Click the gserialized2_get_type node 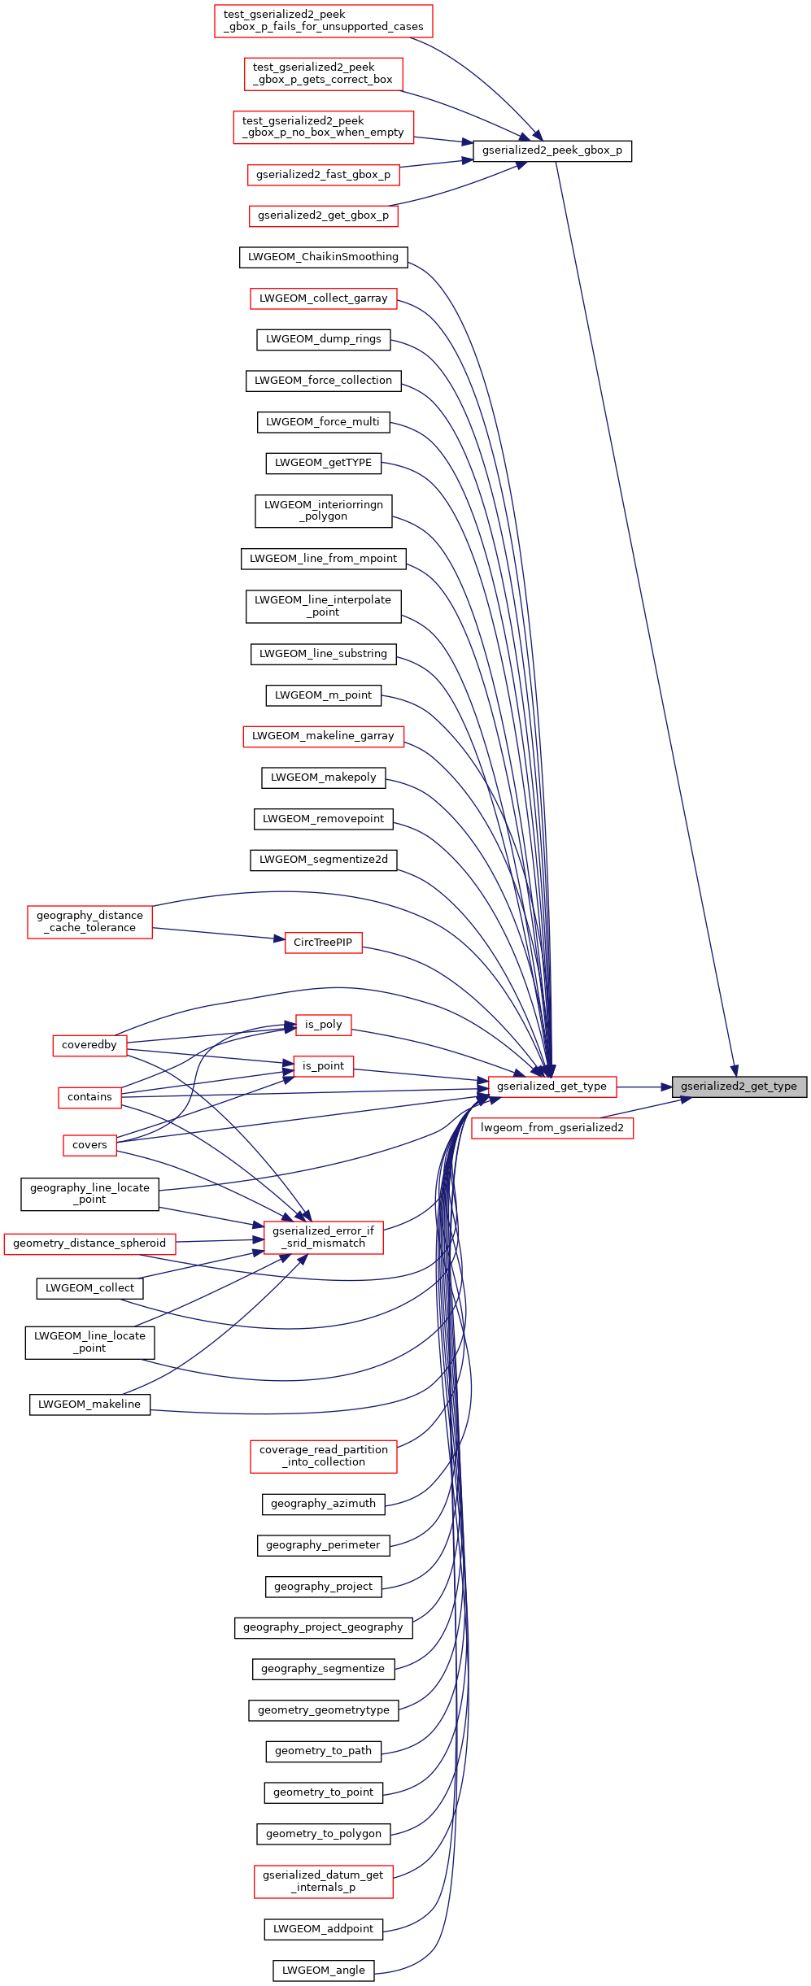click(739, 1087)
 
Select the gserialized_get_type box click(552, 1087)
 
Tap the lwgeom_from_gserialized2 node click(552, 1128)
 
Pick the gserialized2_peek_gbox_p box click(552, 150)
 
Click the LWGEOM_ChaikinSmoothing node click(323, 257)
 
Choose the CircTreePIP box click(323, 943)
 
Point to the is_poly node click(323, 1025)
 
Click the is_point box click(323, 1066)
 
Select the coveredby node click(89, 1045)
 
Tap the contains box click(89, 1097)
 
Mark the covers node click(89, 1145)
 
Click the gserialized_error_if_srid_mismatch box click(323, 1237)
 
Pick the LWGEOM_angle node click(323, 1970)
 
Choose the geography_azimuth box click(323, 1504)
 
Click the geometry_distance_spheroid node click(89, 1243)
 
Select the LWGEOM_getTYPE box click(323, 463)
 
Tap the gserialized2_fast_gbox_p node click(323, 175)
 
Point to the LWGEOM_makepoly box click(323, 777)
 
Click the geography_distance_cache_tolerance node click(89, 921)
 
